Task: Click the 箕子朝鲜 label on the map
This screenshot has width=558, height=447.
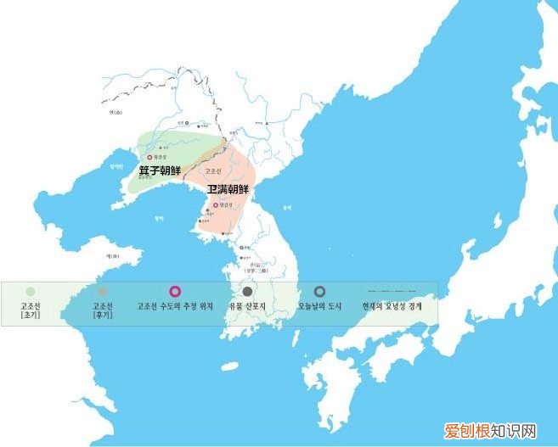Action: [x=160, y=170]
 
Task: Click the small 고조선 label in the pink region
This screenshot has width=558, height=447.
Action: [x=214, y=170]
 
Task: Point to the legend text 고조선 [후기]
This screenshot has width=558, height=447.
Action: [x=102, y=310]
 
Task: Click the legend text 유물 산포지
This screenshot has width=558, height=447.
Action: [x=247, y=305]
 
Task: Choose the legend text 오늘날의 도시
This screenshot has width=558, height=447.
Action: [x=319, y=305]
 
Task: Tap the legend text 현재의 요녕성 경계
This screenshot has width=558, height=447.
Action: [x=392, y=305]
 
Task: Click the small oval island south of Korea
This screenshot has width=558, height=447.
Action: [x=229, y=367]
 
